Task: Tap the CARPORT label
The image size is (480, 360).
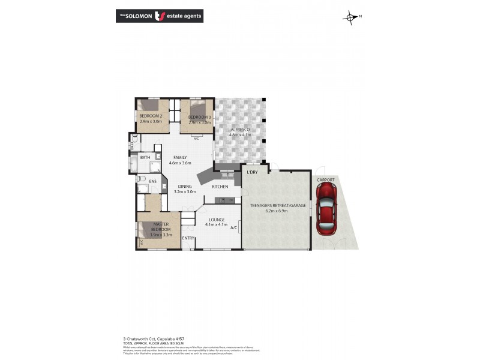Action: (x=326, y=179)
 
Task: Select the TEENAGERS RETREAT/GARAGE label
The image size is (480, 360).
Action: (x=278, y=205)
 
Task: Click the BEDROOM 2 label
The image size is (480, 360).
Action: (x=151, y=116)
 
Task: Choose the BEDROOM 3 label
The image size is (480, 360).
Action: (x=199, y=117)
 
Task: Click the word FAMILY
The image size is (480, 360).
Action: (x=180, y=157)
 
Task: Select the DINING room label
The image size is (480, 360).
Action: (x=184, y=187)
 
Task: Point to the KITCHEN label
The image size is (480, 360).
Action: (x=220, y=187)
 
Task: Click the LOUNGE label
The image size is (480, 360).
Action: (x=216, y=220)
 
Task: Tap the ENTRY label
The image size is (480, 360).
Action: (x=188, y=239)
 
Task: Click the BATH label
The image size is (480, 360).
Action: (x=145, y=158)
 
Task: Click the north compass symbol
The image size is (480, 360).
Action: (x=350, y=17)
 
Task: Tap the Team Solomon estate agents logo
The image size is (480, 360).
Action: (x=159, y=16)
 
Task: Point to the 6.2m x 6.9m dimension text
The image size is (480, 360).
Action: (x=278, y=211)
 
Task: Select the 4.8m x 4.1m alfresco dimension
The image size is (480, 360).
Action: (x=240, y=136)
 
